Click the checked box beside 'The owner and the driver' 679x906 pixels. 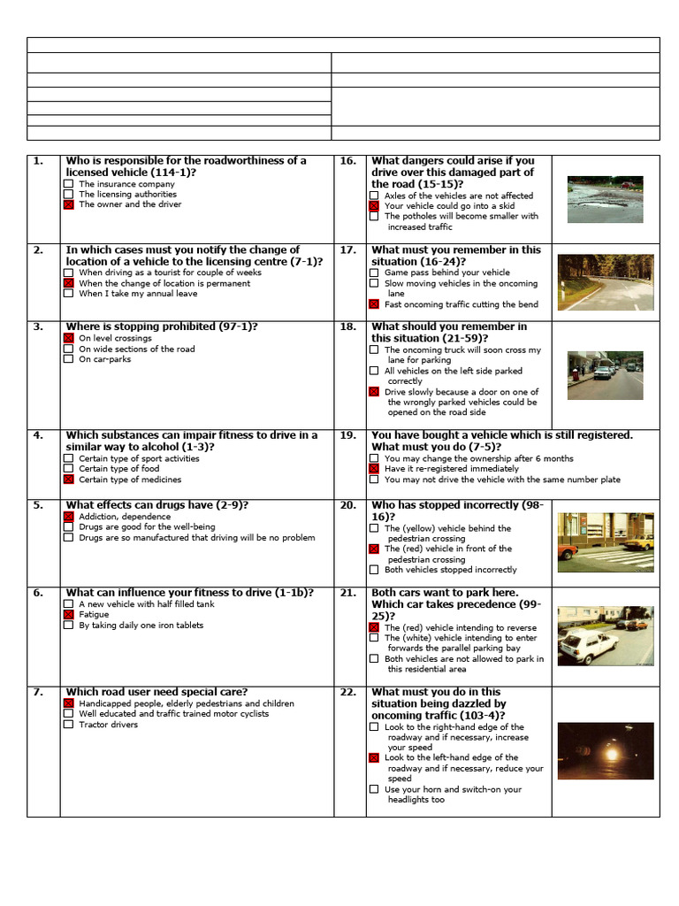(68, 204)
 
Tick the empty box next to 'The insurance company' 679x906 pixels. (68, 184)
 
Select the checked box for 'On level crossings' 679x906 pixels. (68, 339)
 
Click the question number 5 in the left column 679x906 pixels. (38, 505)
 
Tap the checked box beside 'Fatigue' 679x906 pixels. (68, 614)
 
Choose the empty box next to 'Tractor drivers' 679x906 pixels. (68, 725)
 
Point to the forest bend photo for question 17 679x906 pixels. (605, 281)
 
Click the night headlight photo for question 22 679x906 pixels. (605, 750)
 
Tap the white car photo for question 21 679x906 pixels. (605, 635)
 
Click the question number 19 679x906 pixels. (347, 435)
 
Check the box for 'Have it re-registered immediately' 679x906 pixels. (374, 469)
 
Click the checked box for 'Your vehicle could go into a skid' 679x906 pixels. (374, 205)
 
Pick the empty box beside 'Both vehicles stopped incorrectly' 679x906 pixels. (374, 570)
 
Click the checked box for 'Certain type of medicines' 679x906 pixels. (68, 480)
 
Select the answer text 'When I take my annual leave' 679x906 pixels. (138, 294)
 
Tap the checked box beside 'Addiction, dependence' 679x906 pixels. (68, 517)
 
